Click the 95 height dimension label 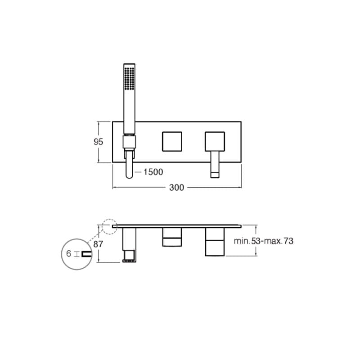pos(99,141)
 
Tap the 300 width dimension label pos(176,188)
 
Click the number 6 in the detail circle pos(69,254)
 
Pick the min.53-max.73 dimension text pos(263,241)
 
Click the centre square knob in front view pos(171,141)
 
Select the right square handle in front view pos(214,141)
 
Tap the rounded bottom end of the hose pos(129,174)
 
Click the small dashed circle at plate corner pos(109,226)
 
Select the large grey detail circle pos(77,254)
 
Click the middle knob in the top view pos(172,237)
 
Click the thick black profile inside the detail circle pos(85,254)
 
